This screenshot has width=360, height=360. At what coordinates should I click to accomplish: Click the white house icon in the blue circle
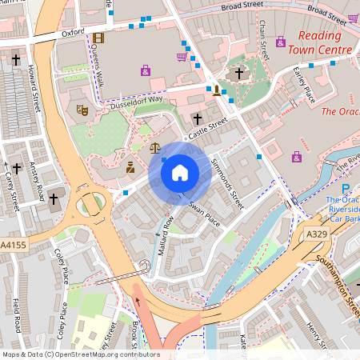click(x=180, y=172)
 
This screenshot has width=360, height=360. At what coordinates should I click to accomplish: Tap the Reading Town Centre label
click(x=325, y=43)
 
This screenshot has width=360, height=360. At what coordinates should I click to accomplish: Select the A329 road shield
click(x=317, y=234)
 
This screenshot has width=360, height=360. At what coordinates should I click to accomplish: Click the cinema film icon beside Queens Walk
click(x=98, y=38)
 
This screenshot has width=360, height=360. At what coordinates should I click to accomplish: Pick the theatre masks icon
click(x=81, y=110)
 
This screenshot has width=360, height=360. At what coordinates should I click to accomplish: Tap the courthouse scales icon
click(x=154, y=147)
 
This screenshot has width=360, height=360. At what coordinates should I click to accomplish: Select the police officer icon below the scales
click(x=130, y=167)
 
